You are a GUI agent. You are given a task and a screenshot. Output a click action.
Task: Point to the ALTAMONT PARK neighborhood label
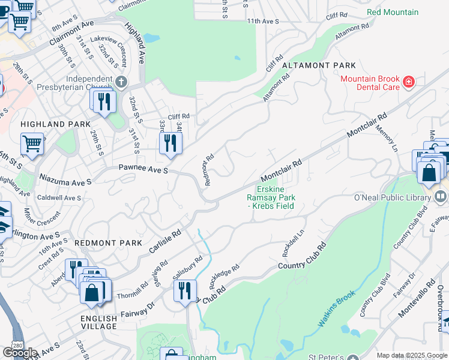319,65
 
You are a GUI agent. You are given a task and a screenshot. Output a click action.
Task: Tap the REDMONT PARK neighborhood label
109,242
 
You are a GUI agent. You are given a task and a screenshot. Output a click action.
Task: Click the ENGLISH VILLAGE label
100,322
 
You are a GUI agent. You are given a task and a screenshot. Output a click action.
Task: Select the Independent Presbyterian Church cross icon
122,81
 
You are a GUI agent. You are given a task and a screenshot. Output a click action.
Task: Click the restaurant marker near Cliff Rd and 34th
170,143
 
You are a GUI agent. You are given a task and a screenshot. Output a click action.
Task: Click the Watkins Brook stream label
337,309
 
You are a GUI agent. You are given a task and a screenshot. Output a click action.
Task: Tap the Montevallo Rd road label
414,298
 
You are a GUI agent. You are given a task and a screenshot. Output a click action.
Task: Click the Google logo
20,353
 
